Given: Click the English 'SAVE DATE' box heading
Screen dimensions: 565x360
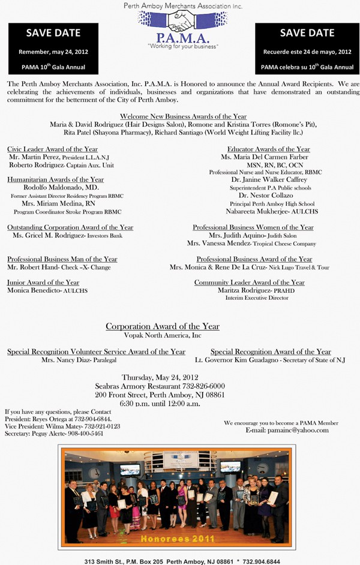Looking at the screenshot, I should (45, 32).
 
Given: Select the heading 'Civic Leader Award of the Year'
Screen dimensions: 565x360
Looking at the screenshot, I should (52, 149).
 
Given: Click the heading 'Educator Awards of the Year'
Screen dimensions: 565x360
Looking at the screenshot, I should (268, 149).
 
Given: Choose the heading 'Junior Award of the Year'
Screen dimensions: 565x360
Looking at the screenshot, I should (43, 282).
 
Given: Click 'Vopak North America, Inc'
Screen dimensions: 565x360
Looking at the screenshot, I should (162, 335).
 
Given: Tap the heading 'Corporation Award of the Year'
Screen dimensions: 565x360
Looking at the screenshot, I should (163, 326).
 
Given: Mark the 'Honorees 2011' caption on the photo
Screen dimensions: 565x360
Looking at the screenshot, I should (178, 539).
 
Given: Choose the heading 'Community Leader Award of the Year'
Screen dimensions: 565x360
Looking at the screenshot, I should (249, 282).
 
